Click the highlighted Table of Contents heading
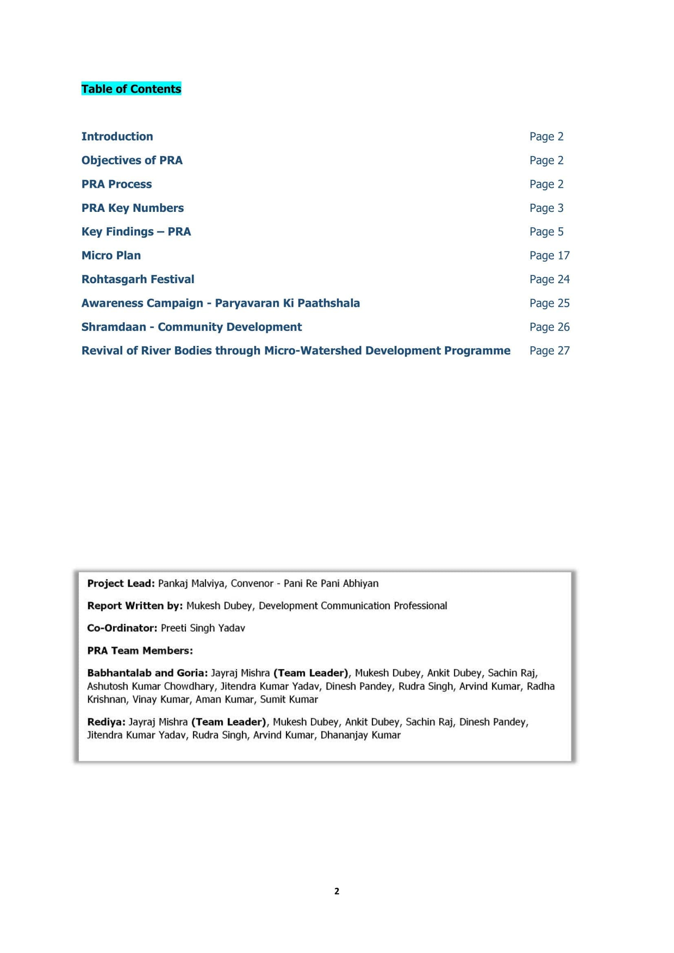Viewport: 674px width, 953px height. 131,89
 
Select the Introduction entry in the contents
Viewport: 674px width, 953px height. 117,136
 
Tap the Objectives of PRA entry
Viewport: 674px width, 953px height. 132,160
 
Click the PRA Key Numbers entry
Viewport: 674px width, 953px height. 132,208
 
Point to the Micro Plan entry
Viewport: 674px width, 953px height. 111,255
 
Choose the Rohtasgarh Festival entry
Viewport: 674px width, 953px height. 137,280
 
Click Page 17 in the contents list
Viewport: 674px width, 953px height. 549,255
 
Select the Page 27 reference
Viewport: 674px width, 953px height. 549,351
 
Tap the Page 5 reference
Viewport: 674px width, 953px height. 546,231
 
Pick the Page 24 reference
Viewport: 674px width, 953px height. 549,280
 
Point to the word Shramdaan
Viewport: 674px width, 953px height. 113,327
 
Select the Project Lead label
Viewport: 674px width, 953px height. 121,583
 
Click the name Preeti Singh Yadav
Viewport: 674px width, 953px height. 203,628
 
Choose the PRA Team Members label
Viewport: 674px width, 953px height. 140,650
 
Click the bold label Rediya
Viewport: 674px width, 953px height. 106,722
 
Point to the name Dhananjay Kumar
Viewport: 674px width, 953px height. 360,735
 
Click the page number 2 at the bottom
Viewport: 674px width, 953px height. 337,891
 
